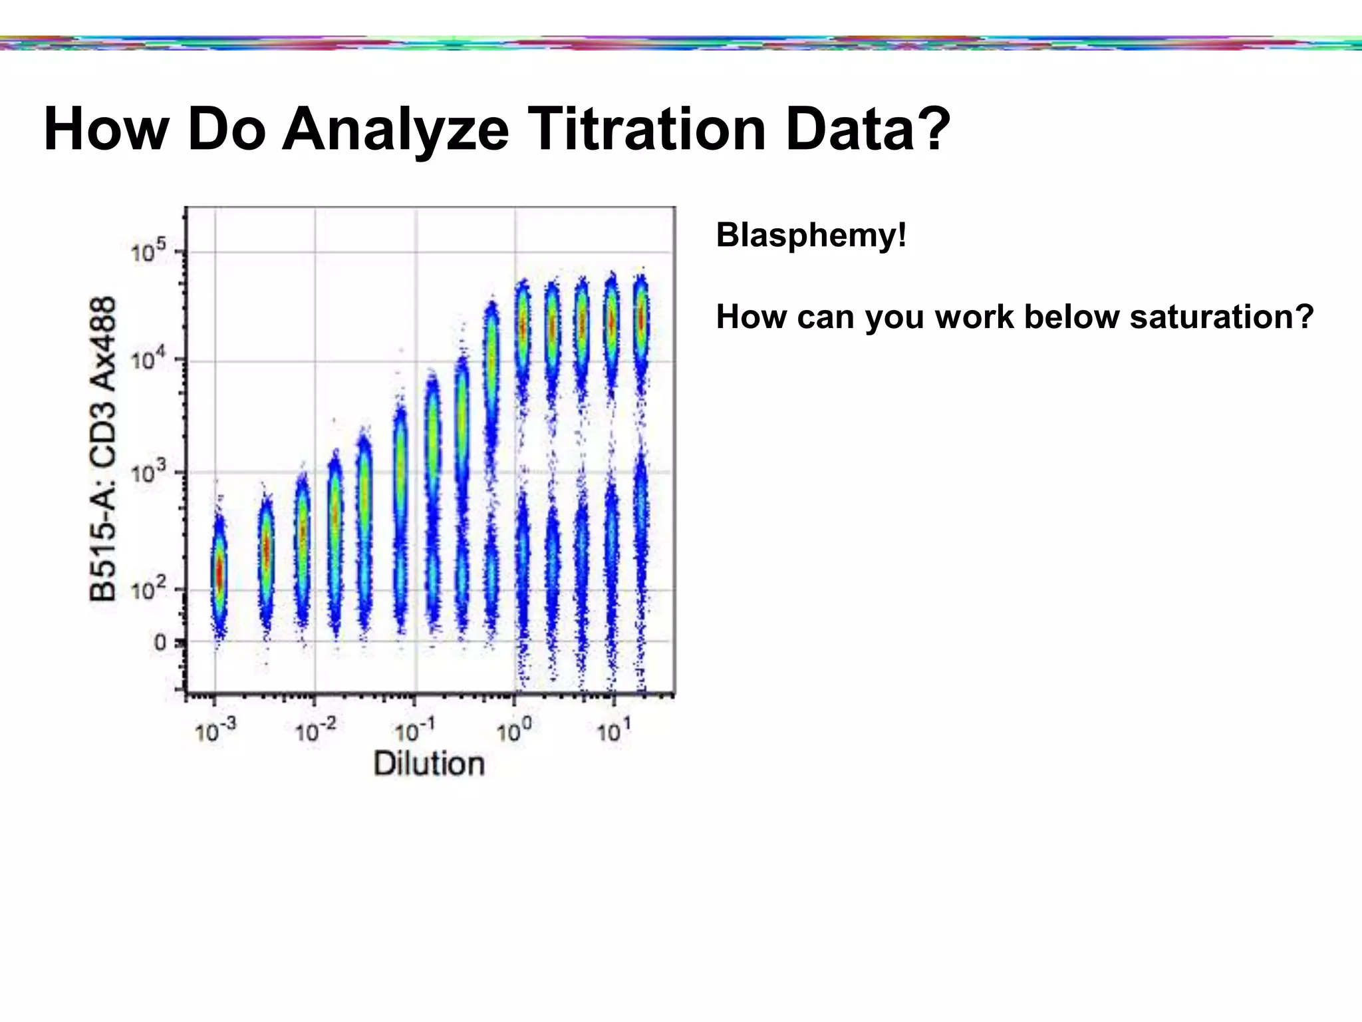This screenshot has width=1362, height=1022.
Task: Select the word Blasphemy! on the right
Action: click(811, 235)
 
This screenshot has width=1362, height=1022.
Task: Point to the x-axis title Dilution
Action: click(429, 763)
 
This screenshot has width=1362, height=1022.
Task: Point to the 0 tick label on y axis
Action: click(161, 643)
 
